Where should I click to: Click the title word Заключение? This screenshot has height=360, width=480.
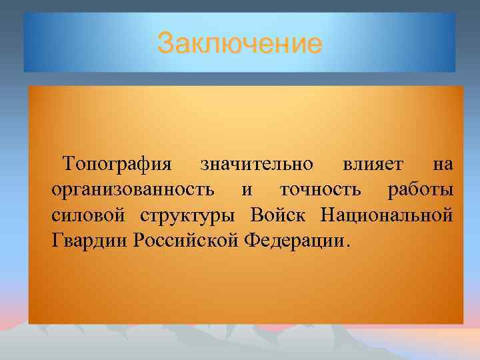[239, 45]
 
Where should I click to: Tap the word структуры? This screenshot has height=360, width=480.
[187, 216]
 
